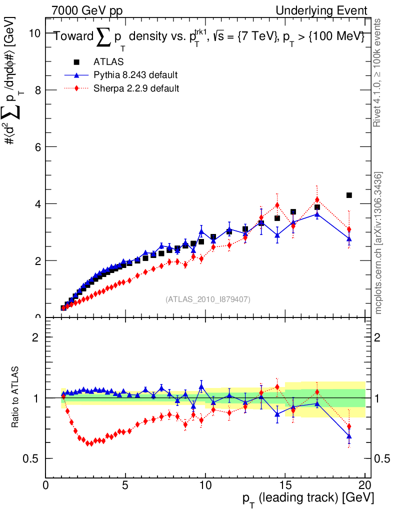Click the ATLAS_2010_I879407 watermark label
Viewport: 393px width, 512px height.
208,299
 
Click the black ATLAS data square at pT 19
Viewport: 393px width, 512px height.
349,195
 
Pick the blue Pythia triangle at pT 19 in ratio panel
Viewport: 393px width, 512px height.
349,436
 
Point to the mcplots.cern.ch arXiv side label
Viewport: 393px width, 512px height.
378,242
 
